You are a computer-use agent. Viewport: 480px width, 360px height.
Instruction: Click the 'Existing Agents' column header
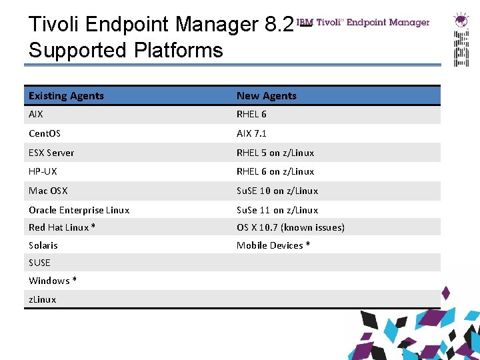pyautogui.click(x=66, y=96)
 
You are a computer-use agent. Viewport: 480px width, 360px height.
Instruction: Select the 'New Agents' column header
pyautogui.click(x=266, y=96)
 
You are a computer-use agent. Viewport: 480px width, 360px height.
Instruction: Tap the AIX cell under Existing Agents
pyautogui.click(x=36, y=114)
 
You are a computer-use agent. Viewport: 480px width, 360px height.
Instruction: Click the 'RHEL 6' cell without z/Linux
pyautogui.click(x=251, y=114)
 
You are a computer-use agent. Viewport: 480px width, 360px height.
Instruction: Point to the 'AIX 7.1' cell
pyautogui.click(x=251, y=133)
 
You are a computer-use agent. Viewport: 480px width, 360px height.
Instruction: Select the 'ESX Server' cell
pyautogui.click(x=51, y=153)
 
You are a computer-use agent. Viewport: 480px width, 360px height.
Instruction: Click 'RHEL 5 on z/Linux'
pyautogui.click(x=275, y=153)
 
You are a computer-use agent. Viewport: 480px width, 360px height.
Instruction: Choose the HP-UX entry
pyautogui.click(x=43, y=171)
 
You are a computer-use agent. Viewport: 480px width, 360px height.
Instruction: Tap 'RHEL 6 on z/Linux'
pyautogui.click(x=275, y=171)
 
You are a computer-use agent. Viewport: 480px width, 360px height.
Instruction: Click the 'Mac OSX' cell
pyautogui.click(x=48, y=191)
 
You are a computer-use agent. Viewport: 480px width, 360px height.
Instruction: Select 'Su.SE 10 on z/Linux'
pyautogui.click(x=277, y=191)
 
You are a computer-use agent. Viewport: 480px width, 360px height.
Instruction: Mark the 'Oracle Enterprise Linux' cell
pyautogui.click(x=79, y=210)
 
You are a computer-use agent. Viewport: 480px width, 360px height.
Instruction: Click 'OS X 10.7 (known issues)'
pyautogui.click(x=291, y=227)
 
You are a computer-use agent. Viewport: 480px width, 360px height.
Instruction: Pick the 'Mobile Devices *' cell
pyautogui.click(x=273, y=245)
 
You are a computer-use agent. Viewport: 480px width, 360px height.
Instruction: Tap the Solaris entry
pyautogui.click(x=43, y=245)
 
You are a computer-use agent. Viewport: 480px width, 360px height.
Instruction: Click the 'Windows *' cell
pyautogui.click(x=53, y=281)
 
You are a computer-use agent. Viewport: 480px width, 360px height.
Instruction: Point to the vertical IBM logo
pyautogui.click(x=461, y=48)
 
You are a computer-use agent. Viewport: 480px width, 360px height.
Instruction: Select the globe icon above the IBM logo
pyautogui.click(x=460, y=20)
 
